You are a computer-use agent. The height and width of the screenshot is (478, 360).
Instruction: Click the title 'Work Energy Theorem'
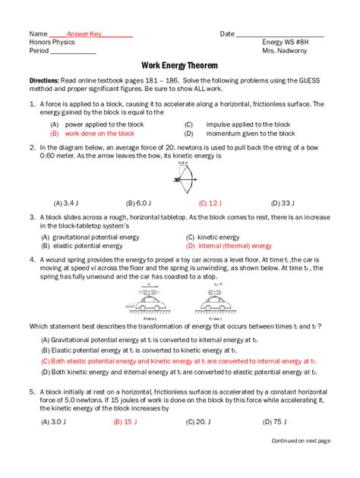pyautogui.click(x=180, y=66)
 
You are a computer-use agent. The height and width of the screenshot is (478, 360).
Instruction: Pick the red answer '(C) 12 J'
pyautogui.click(x=210, y=203)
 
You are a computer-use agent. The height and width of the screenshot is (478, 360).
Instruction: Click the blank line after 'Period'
pyautogui.click(x=73, y=52)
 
